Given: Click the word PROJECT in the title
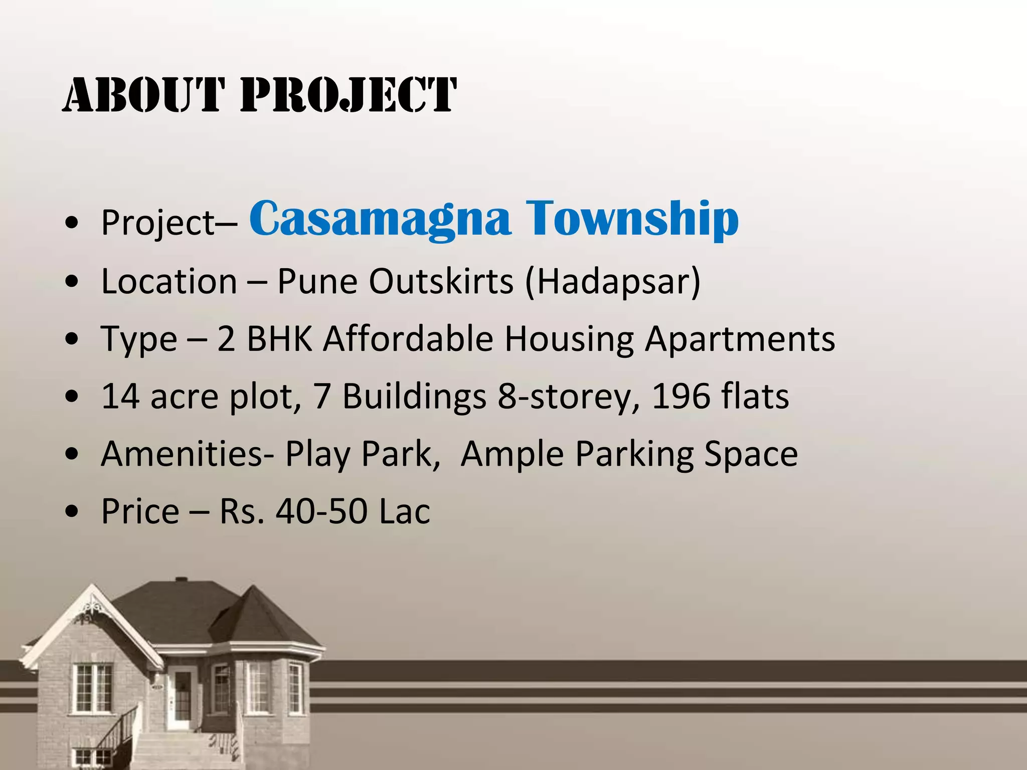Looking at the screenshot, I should (x=349, y=95).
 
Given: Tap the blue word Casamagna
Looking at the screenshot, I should (x=380, y=218).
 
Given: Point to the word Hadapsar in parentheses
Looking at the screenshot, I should (x=612, y=281).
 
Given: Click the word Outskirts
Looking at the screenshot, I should (x=441, y=281).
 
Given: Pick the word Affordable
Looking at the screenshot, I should (x=408, y=339).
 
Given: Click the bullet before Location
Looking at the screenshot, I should (x=73, y=282).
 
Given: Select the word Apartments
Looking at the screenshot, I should (x=740, y=339).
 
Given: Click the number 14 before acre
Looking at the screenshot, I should (x=120, y=397).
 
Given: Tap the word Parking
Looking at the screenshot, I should (x=634, y=454).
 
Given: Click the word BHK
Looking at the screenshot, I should (x=280, y=339).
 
